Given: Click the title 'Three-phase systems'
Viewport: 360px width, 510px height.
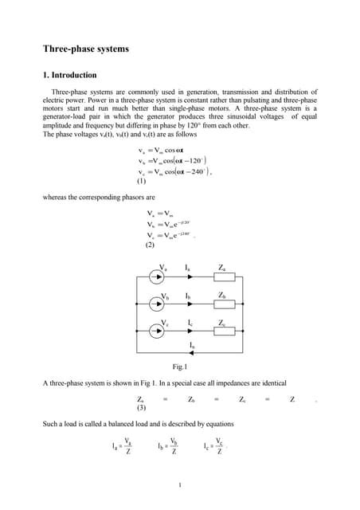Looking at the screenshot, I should pyautogui.click(x=86, y=49).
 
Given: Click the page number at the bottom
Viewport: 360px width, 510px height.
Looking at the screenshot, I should pyautogui.click(x=180, y=484).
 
